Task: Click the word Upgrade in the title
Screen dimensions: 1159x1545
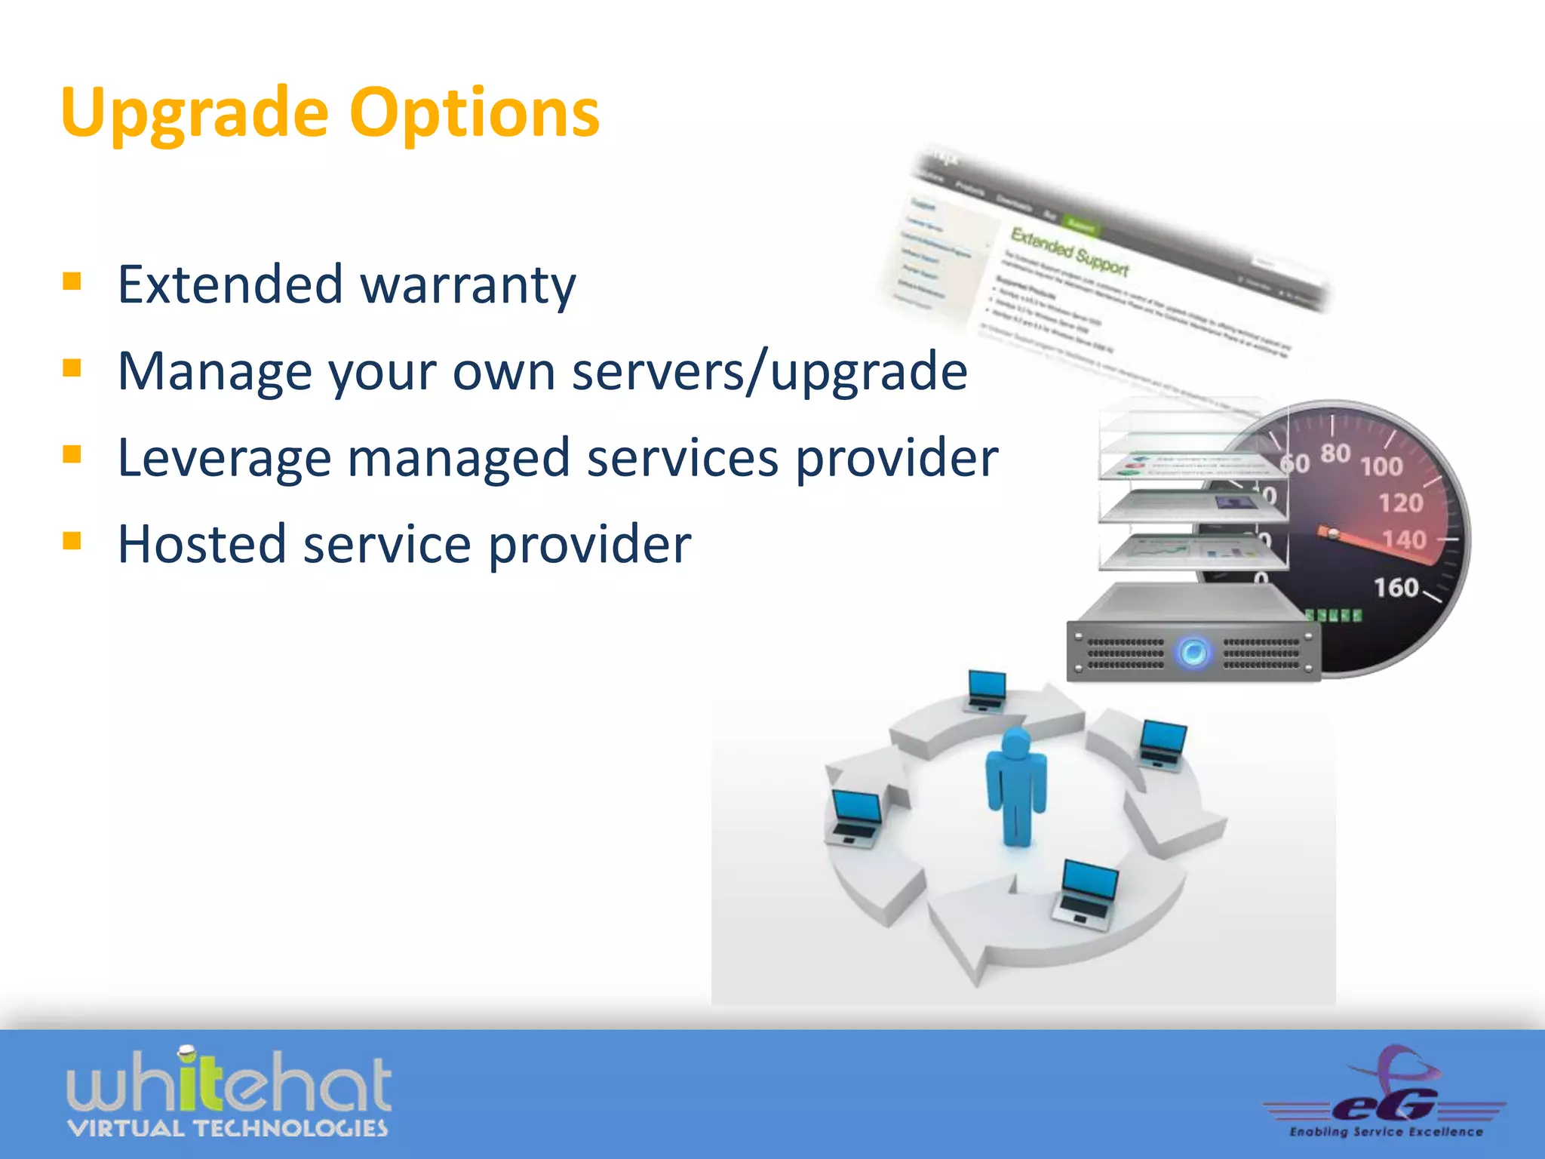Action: [195, 113]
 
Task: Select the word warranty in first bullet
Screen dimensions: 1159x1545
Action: [468, 285]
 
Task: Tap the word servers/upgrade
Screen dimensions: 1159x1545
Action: [769, 371]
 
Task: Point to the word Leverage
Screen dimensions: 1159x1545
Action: [224, 459]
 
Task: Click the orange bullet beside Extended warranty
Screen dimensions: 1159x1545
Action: [72, 281]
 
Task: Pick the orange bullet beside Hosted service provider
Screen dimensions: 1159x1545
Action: [72, 541]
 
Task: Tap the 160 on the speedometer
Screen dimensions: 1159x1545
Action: [1396, 587]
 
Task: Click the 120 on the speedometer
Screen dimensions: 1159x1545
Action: [1401, 503]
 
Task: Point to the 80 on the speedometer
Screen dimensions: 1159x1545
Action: [1335, 453]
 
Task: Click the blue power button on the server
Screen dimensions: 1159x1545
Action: [1193, 652]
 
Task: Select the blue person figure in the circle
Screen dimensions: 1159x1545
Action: [1016, 787]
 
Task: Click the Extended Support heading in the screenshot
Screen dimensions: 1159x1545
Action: [1069, 251]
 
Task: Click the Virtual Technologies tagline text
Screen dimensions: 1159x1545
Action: [227, 1129]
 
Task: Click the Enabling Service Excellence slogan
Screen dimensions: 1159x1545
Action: [1386, 1132]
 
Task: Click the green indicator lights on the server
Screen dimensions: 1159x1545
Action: [1334, 616]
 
